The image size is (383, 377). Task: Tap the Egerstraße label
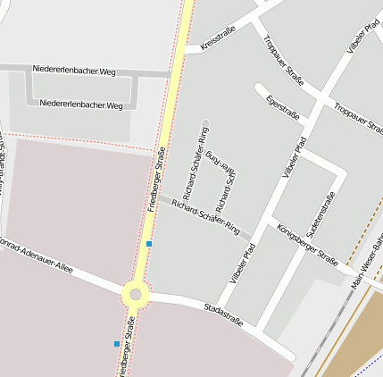coord(283,110)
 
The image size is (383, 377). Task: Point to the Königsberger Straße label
coord(306,244)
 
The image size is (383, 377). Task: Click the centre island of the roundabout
coord(135,293)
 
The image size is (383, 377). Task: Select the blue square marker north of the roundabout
coord(149,243)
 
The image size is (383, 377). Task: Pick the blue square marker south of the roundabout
coord(116,343)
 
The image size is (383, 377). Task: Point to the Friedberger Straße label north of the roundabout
coord(156,179)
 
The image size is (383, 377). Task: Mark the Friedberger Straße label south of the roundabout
coord(124,353)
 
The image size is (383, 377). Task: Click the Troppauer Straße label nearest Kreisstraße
coord(283,60)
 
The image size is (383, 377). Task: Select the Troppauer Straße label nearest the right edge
coord(358,119)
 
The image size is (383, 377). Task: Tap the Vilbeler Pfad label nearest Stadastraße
coord(242,264)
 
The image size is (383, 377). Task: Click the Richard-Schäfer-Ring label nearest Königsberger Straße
coord(206,215)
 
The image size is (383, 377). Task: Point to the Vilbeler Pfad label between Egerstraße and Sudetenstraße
coord(295,156)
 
